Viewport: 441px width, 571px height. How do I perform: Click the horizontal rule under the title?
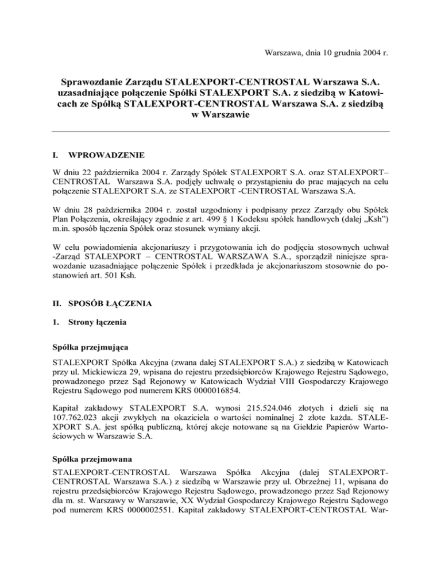[x=220, y=132]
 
